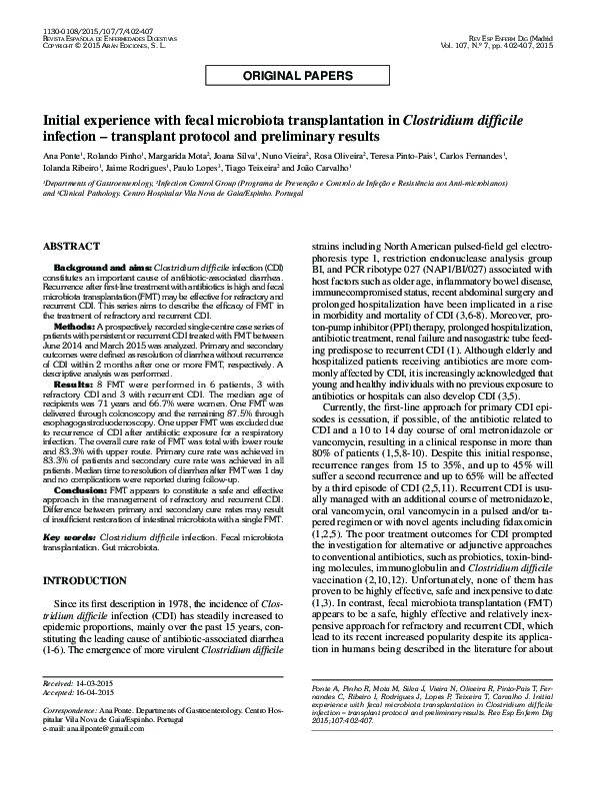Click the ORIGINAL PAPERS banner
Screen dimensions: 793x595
point(297,76)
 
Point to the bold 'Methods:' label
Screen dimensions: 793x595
point(75,327)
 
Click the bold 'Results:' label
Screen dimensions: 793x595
point(75,384)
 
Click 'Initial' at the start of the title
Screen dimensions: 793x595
point(64,124)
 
